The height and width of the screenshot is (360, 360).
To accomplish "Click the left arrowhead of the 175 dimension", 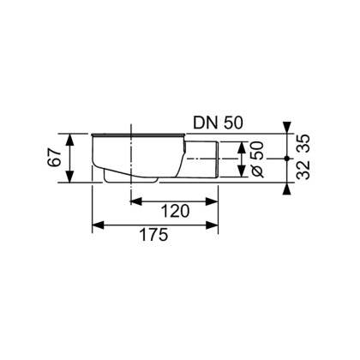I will click(96, 226).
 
